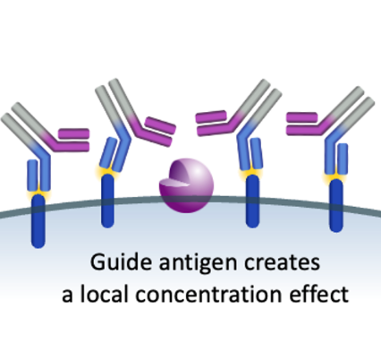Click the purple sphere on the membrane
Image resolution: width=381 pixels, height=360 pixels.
186,185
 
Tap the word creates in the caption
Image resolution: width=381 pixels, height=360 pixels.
282,263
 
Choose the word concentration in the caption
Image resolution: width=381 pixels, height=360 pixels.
208,295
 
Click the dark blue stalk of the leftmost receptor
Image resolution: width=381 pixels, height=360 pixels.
38,221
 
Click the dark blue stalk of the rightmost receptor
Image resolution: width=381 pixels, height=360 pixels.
336,205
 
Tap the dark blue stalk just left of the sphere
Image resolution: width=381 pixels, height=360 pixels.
107,201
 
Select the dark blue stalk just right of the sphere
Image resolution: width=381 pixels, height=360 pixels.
252,201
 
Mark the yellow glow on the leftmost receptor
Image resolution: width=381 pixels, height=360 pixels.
38,193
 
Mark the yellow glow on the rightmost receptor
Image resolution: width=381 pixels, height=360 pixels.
336,177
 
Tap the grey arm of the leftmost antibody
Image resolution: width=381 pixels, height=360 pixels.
25,124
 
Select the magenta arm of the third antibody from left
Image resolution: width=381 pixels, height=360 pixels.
218,124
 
